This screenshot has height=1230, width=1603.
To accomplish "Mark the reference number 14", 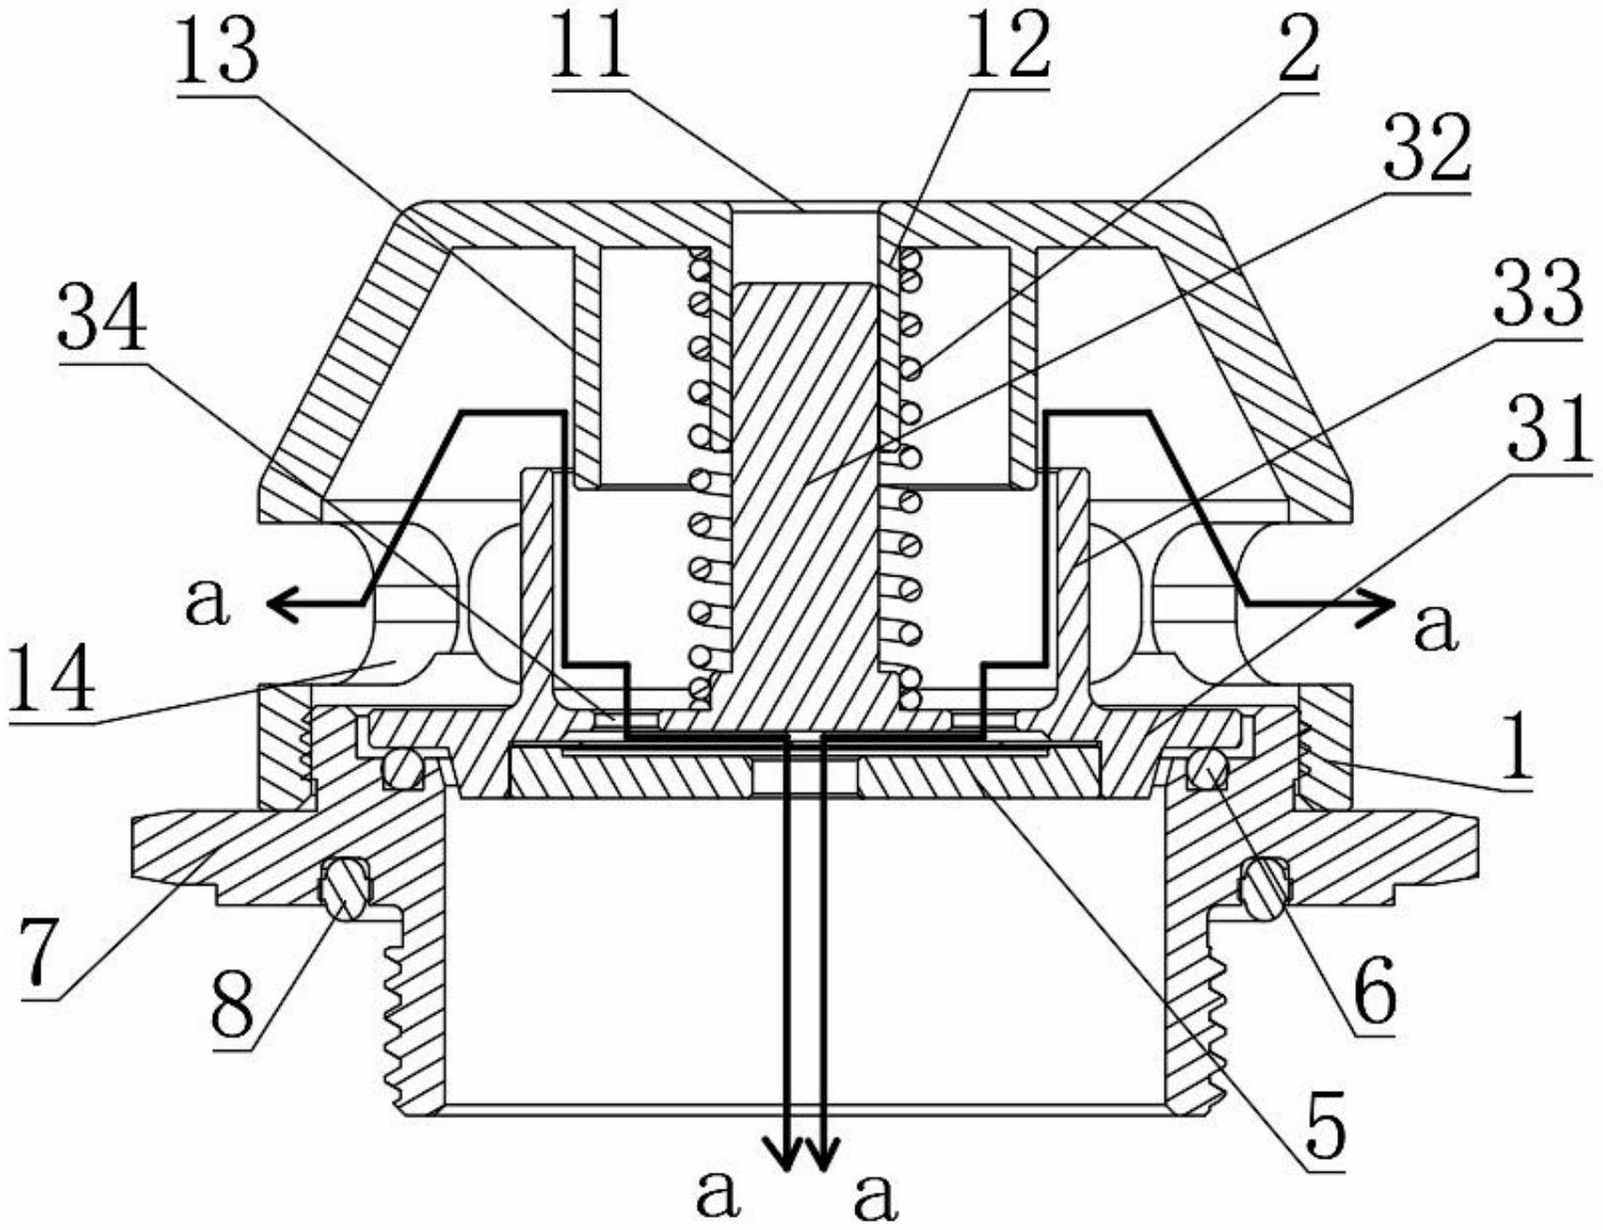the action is click(53, 683).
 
